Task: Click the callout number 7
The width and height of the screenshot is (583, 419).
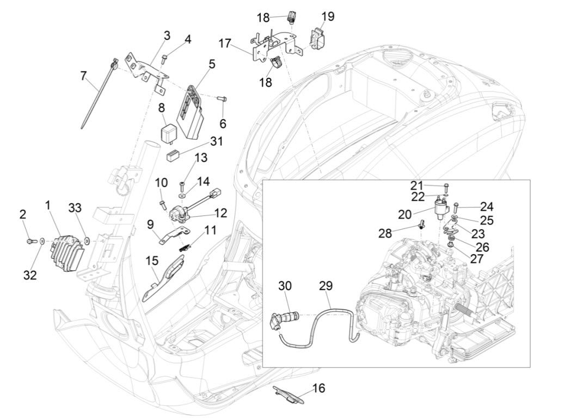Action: coord(83,76)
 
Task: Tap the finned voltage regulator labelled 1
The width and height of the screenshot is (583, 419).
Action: coord(66,251)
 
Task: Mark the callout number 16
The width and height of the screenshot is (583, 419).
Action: coord(319,388)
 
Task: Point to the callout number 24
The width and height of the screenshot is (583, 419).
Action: coord(486,206)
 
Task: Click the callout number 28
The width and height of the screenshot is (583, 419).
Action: coord(400,233)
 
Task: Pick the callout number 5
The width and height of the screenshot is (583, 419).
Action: coord(212,64)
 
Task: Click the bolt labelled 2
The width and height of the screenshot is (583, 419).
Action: coord(29,239)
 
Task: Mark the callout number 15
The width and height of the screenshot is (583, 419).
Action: coord(151,261)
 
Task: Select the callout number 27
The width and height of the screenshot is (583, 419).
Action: coord(477,259)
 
